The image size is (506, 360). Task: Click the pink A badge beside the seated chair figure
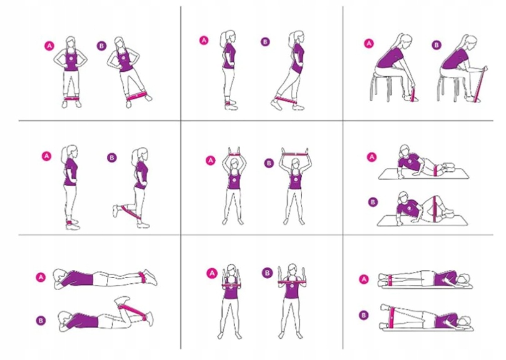pyautogui.click(x=368, y=43)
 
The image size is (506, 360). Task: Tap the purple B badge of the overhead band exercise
pyautogui.click(x=269, y=163)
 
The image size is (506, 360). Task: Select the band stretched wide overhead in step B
pyautogui.click(x=295, y=154)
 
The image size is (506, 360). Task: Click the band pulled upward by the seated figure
pyautogui.click(x=480, y=83)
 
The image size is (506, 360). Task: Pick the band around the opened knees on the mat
pyautogui.click(x=435, y=209)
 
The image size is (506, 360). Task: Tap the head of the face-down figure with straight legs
pyautogui.click(x=59, y=277)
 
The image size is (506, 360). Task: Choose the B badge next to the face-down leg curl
pyautogui.click(x=41, y=321)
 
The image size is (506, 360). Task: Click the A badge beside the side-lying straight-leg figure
pyautogui.click(x=364, y=279)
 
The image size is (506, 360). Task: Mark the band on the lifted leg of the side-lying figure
pyautogui.click(x=392, y=317)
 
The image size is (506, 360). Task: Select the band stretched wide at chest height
pyautogui.click(x=292, y=282)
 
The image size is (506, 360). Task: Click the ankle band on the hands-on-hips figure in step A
pyautogui.click(x=71, y=99)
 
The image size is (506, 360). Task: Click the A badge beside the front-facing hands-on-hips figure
pyautogui.click(x=49, y=46)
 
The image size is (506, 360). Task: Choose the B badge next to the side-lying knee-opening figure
pyautogui.click(x=373, y=202)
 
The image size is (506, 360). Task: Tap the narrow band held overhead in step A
pyautogui.click(x=235, y=155)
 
